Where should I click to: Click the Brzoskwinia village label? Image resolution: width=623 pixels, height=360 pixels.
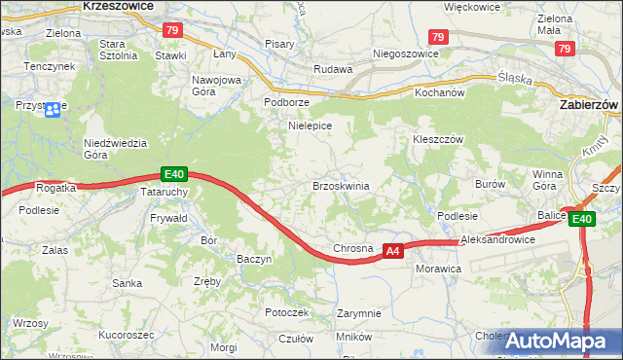(340, 186)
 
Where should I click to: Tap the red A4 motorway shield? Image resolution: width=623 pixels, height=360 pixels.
(391, 251)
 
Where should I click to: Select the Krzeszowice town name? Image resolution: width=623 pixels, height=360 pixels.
(118, 5)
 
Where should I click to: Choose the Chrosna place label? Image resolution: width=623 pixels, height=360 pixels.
(353, 248)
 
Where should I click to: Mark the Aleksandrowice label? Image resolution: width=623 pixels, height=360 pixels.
(498, 238)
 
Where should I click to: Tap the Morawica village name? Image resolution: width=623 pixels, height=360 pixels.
(437, 267)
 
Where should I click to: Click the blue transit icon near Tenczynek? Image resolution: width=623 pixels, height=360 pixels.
(53, 108)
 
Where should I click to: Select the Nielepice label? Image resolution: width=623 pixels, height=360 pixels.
(311, 126)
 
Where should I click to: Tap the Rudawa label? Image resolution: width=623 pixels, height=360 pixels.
(331, 69)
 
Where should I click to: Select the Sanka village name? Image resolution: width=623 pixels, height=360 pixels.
(127, 283)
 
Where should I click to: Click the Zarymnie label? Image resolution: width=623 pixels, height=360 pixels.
(358, 313)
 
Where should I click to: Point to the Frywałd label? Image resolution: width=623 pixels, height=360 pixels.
(168, 220)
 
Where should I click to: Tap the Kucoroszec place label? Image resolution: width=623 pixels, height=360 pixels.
(127, 334)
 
